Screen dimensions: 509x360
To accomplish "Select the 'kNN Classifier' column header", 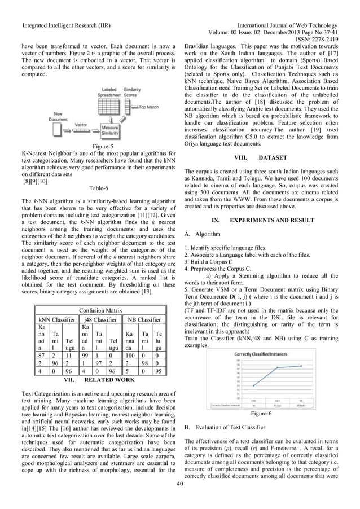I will [x=55, y=319].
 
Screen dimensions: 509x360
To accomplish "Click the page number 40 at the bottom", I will [x=180, y=484].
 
